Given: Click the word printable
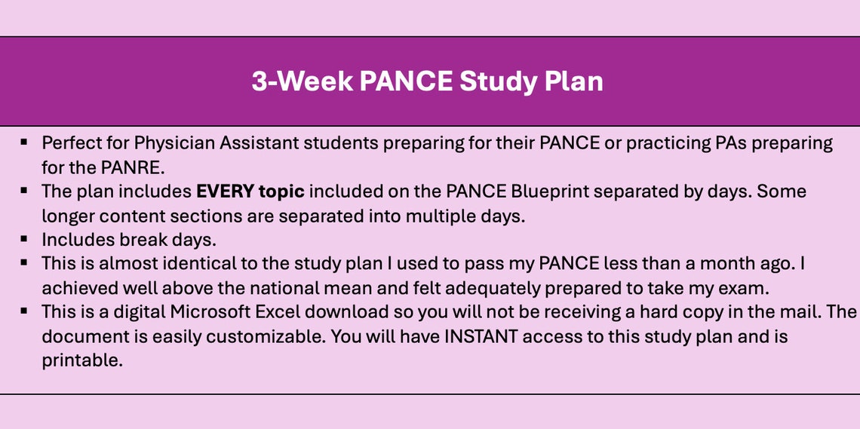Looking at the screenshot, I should click(x=81, y=360).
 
